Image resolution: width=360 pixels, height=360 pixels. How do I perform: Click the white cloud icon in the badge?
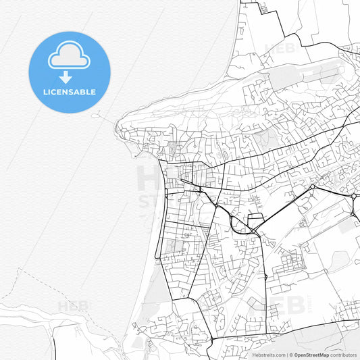[68, 57]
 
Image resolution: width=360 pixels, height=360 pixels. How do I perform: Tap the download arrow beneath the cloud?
[66, 76]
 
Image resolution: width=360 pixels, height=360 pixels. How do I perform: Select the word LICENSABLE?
[70, 92]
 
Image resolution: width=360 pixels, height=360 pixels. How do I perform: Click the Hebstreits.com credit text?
[267, 355]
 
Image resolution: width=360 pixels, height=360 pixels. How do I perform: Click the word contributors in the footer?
[344, 355]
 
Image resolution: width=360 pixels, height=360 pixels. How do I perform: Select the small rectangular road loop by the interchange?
[256, 222]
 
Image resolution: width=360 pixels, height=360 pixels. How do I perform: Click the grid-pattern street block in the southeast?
[290, 259]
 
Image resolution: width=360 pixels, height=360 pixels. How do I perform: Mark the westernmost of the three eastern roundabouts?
[313, 186]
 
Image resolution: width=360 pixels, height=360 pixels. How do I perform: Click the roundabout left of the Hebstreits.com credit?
[211, 339]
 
